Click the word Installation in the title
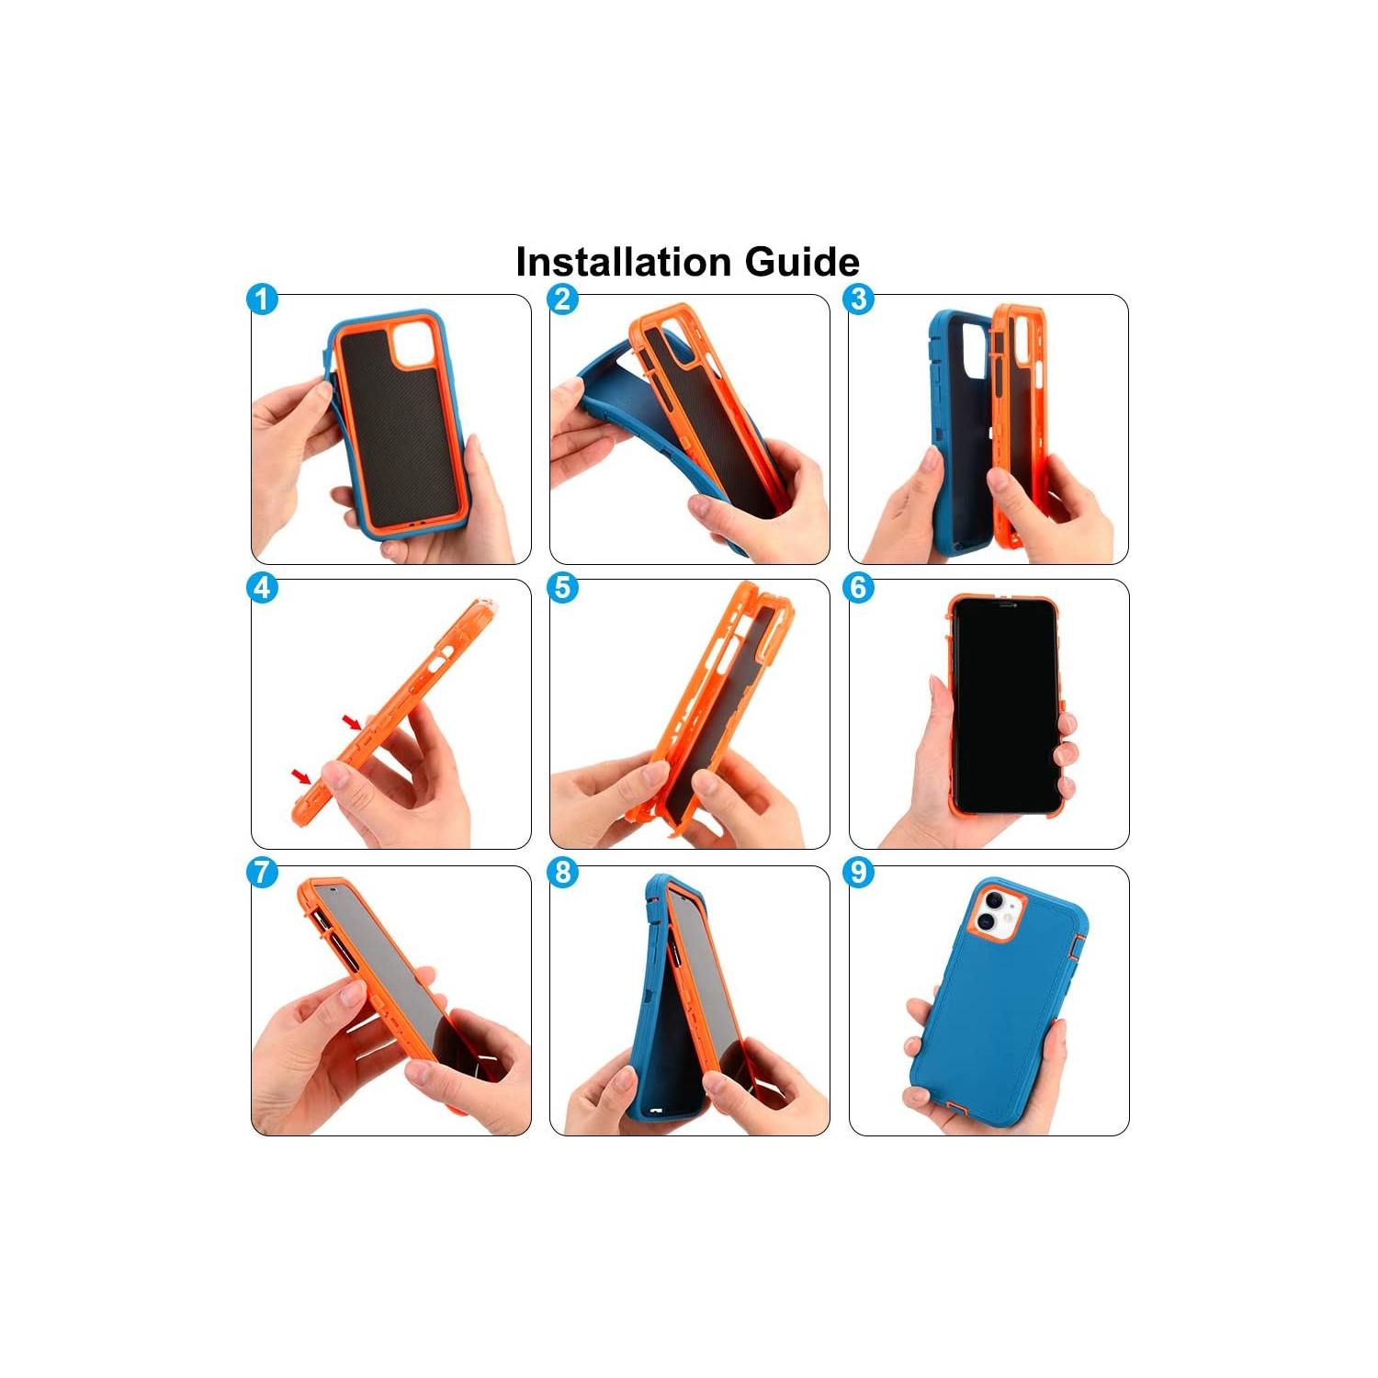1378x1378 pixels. tap(625, 262)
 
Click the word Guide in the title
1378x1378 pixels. tap(802, 262)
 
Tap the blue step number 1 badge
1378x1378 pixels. tap(263, 299)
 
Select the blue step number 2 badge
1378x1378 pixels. tap(563, 299)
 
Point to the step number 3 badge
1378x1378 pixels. tap(859, 299)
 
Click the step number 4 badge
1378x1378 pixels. tap(263, 588)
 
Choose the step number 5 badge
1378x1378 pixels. tap(563, 588)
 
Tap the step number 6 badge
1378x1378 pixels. tap(859, 588)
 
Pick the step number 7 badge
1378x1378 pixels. tap(263, 872)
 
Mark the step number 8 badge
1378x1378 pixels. tap(563, 872)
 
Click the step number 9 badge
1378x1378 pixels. tap(859, 872)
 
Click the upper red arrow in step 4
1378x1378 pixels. tap(352, 722)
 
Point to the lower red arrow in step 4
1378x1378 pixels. tap(300, 777)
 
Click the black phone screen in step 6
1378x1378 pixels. tap(1005, 707)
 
